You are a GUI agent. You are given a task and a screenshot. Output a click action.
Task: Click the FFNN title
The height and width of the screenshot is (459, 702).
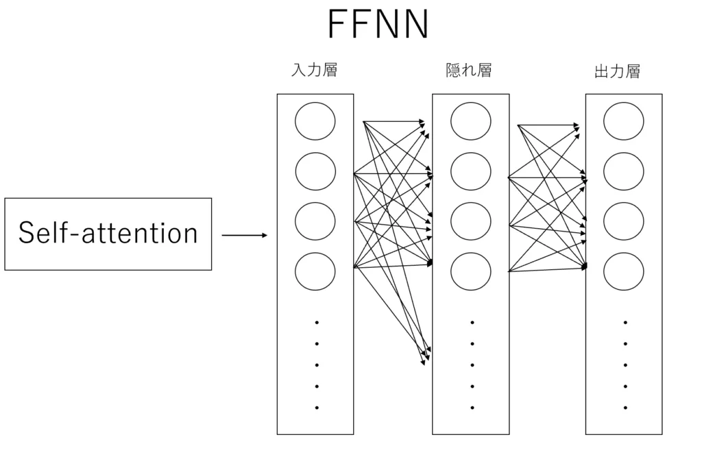[x=378, y=25]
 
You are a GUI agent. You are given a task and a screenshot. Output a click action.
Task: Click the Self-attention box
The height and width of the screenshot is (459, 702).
[x=108, y=234]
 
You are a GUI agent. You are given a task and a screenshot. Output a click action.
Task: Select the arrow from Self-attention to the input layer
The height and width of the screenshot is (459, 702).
[x=244, y=236]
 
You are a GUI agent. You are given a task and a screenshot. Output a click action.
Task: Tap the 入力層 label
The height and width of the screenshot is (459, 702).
[x=314, y=70]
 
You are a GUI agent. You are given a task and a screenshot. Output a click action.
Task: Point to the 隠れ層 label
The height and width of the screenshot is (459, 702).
[x=469, y=70]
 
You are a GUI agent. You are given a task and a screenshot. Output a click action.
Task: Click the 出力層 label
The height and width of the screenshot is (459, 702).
[x=617, y=71]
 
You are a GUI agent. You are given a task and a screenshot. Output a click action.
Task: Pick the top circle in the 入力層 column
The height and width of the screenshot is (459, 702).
[x=315, y=121]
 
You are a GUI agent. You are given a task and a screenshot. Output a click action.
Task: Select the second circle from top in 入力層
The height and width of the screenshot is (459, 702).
[x=315, y=171]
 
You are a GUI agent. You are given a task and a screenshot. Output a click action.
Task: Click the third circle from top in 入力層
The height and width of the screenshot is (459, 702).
[x=315, y=221]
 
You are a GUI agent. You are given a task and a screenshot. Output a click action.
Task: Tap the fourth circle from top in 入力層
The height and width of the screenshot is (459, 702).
[x=315, y=271]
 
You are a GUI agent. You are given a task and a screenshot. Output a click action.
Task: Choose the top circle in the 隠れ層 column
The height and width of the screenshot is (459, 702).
[x=471, y=121]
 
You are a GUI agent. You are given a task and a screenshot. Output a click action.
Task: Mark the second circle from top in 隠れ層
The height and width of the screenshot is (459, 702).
[x=471, y=171]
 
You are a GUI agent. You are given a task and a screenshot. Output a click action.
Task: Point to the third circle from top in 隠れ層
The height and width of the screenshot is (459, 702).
[x=471, y=221]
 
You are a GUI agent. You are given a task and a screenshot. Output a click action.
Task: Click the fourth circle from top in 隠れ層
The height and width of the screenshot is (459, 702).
[x=471, y=271]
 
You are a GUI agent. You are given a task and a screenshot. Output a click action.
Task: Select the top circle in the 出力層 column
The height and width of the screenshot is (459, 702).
[x=624, y=121]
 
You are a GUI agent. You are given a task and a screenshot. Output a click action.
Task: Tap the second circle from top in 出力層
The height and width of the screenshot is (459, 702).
[x=624, y=171]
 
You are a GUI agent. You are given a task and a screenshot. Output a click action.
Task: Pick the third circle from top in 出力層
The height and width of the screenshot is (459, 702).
[x=624, y=221]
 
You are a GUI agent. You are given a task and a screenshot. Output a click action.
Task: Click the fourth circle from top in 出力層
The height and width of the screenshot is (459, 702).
[x=624, y=271]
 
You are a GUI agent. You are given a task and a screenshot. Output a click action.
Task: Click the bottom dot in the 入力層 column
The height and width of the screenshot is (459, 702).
[x=317, y=408]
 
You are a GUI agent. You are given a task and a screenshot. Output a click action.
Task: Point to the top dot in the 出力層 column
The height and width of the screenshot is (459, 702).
[x=625, y=322]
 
